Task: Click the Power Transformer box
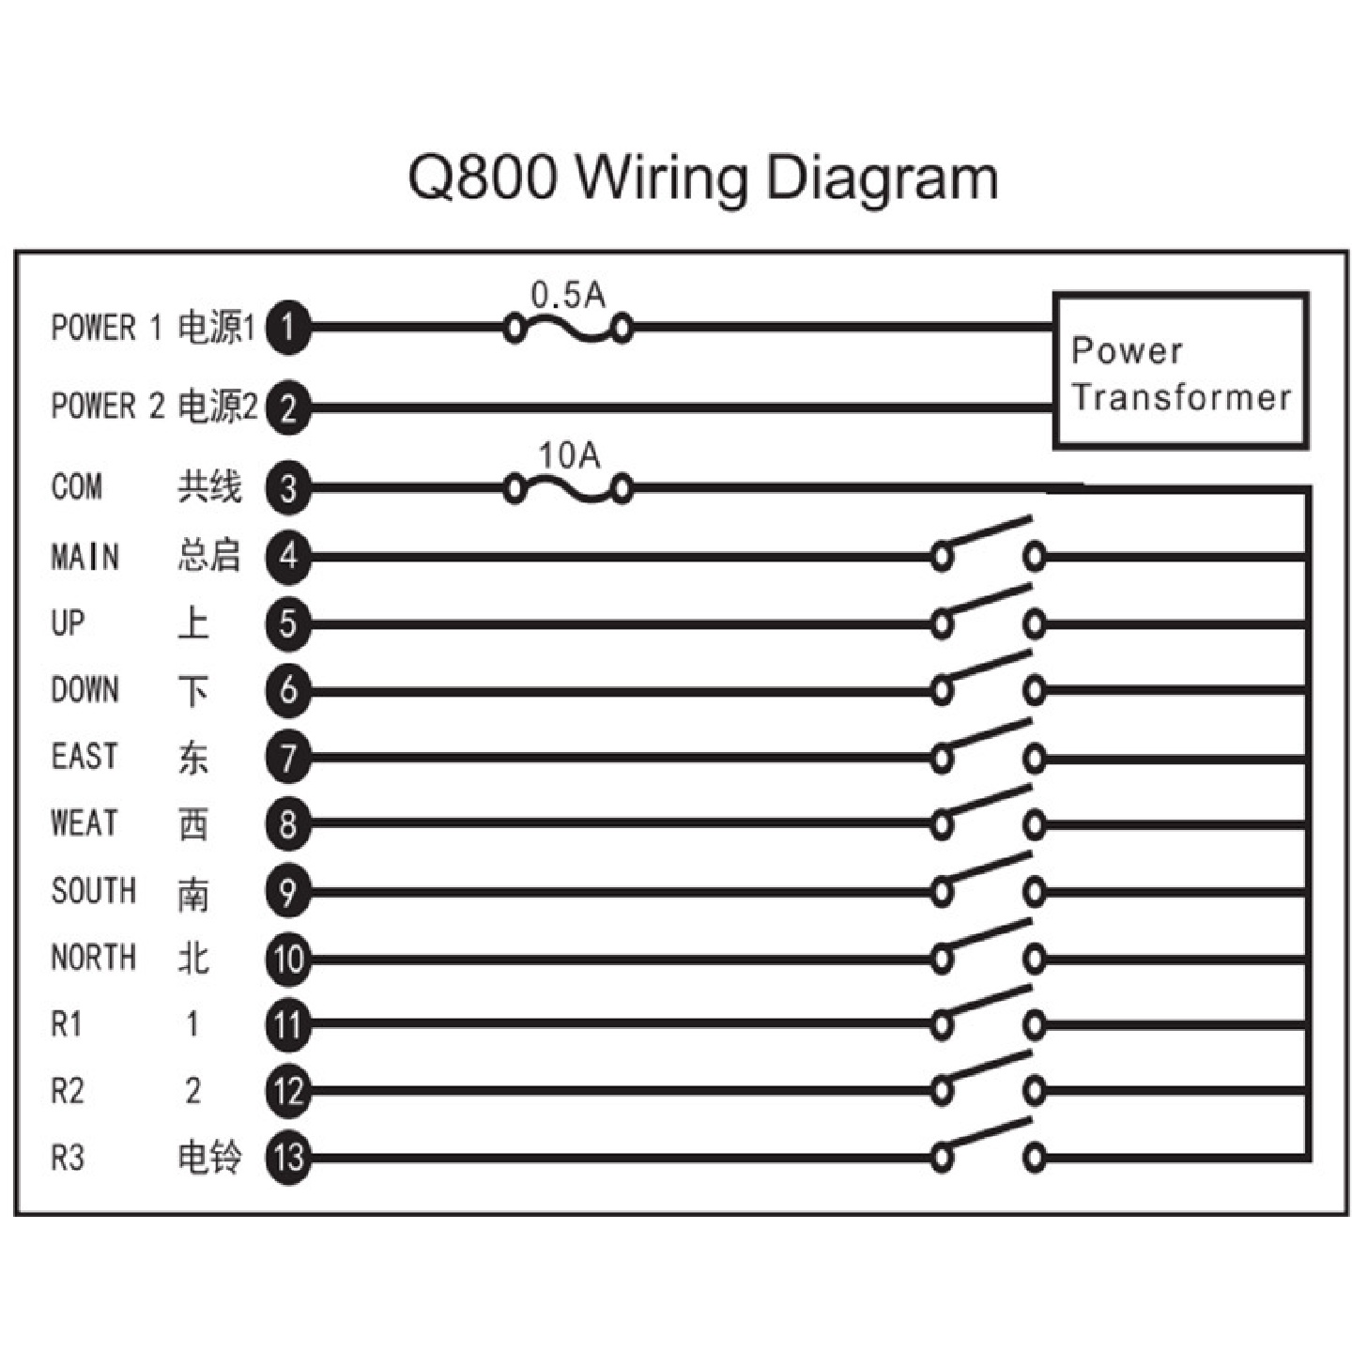[1179, 371]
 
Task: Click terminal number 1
[288, 328]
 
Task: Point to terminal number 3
[288, 488]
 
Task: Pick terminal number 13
[288, 1158]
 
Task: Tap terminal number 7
[288, 757]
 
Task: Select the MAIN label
[84, 556]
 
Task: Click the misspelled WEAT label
[84, 823]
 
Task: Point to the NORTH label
[93, 958]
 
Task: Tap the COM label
[76, 487]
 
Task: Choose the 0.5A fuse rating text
[568, 295]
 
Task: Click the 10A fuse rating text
[569, 455]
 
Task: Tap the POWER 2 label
[107, 407]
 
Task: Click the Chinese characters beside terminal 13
[209, 1157]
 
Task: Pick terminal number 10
[288, 959]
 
